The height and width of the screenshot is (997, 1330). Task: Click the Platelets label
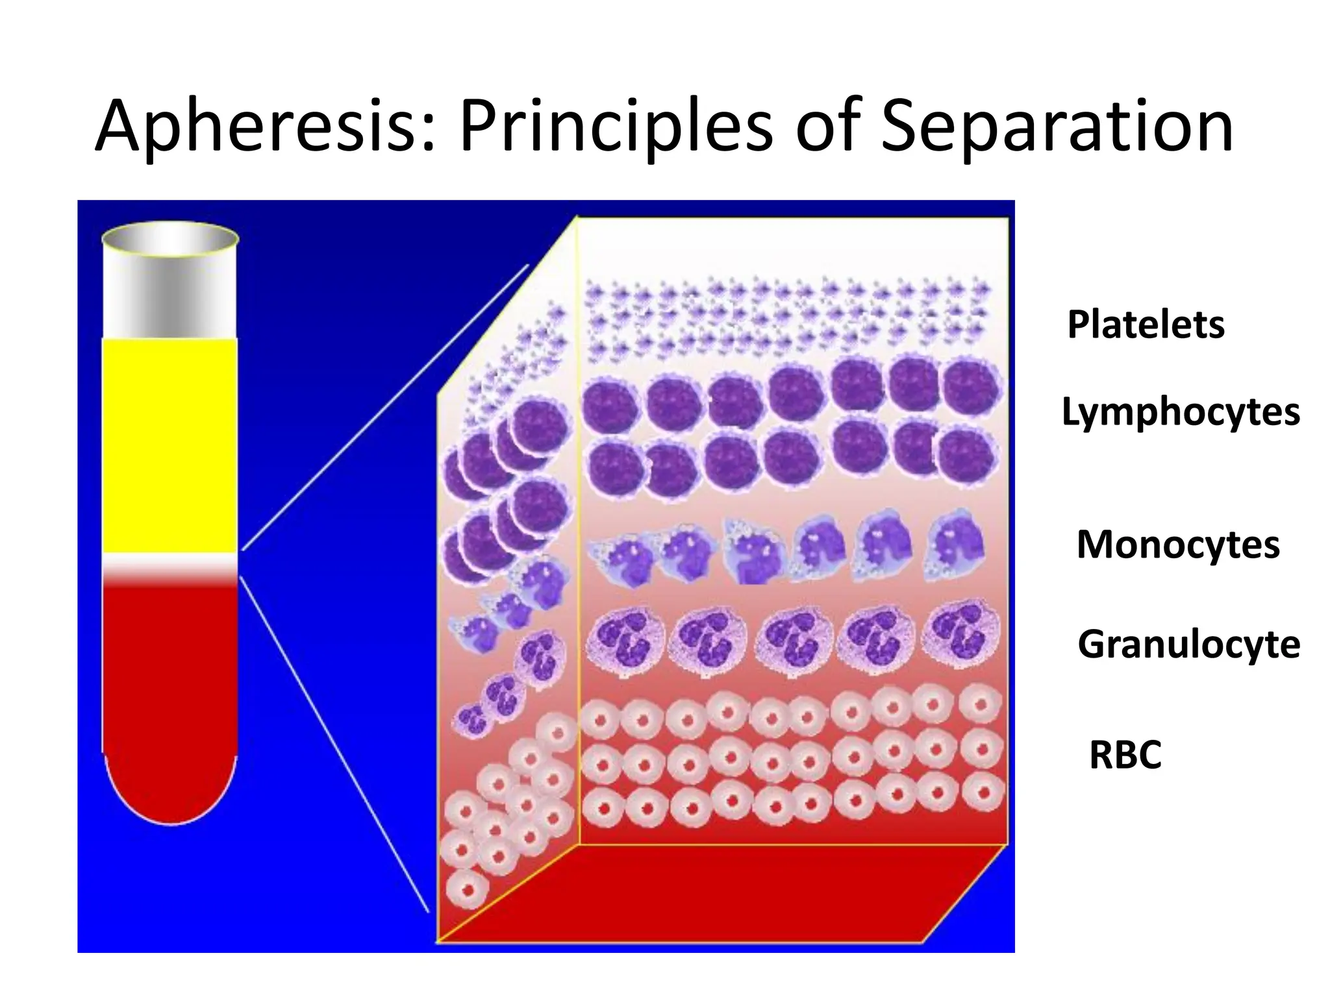pos(1146,325)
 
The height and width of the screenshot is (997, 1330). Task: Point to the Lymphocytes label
pos(1180,412)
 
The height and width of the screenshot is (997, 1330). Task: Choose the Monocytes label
pos(1178,545)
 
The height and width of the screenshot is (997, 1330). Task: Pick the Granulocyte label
pos(1188,645)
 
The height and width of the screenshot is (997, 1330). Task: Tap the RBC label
pos(1125,755)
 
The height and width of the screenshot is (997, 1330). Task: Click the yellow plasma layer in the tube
pos(170,445)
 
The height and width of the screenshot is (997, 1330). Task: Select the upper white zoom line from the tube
pos(386,408)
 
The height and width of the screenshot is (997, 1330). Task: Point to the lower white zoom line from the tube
pos(334,743)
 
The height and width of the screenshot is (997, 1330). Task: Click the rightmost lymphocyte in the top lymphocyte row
pos(970,388)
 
